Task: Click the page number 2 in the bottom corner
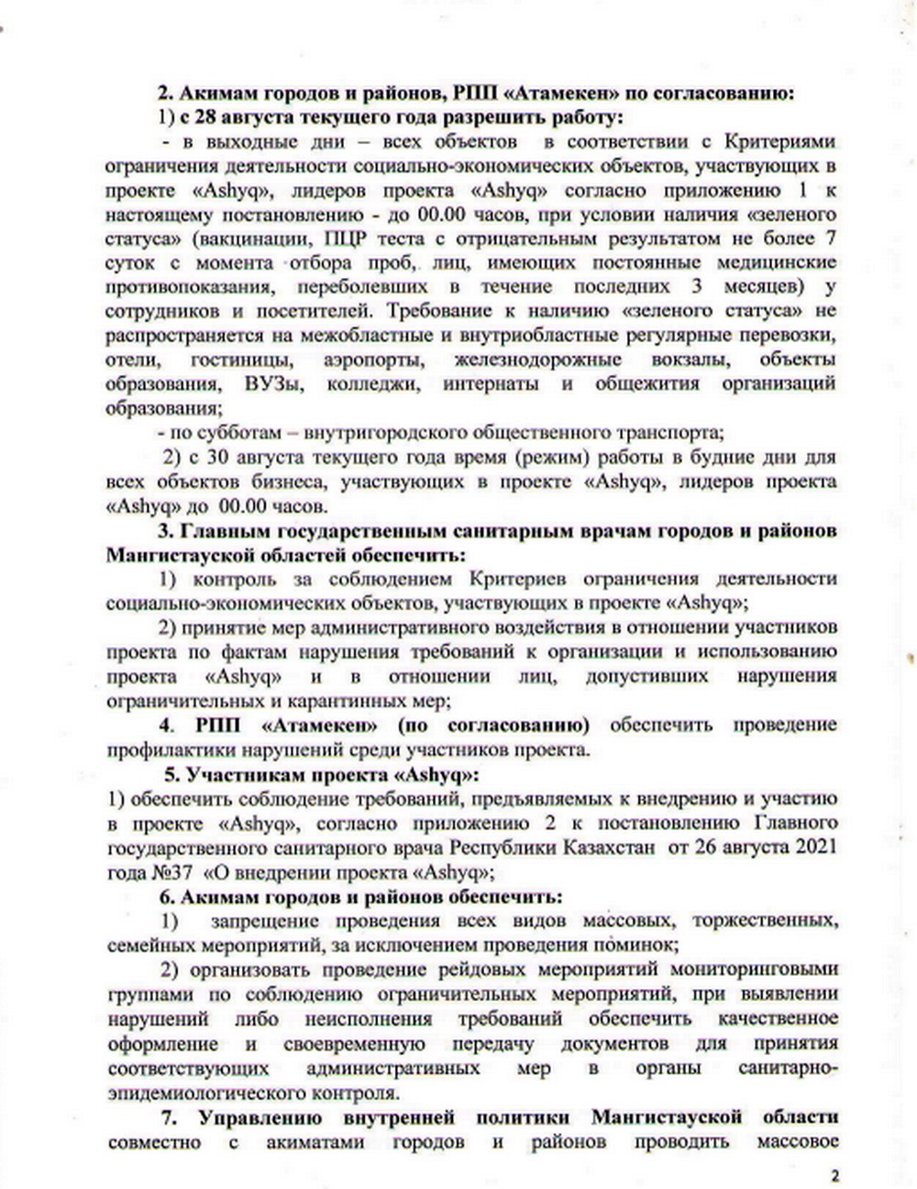point(834,1174)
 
